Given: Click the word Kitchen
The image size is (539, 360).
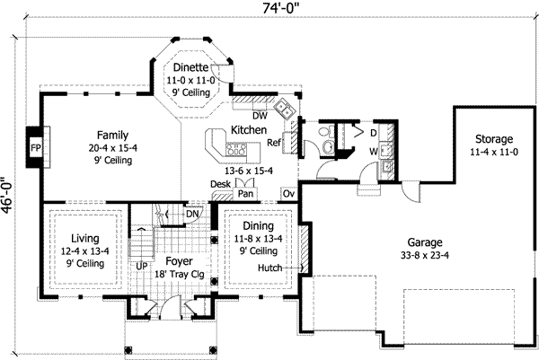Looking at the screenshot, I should click(249, 130).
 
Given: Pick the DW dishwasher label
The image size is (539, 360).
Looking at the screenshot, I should click(260, 115).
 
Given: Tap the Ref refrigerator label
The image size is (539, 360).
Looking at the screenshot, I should click(275, 142).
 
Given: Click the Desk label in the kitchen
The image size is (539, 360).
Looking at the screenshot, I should click(220, 183).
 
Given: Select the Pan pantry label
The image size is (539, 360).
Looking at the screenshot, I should click(245, 192).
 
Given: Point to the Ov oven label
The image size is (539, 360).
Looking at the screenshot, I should click(288, 192).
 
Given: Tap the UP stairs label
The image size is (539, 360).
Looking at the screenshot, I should click(141, 266).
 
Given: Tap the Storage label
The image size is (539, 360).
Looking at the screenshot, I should click(493, 139).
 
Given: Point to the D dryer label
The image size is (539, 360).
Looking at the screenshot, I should click(374, 132).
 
